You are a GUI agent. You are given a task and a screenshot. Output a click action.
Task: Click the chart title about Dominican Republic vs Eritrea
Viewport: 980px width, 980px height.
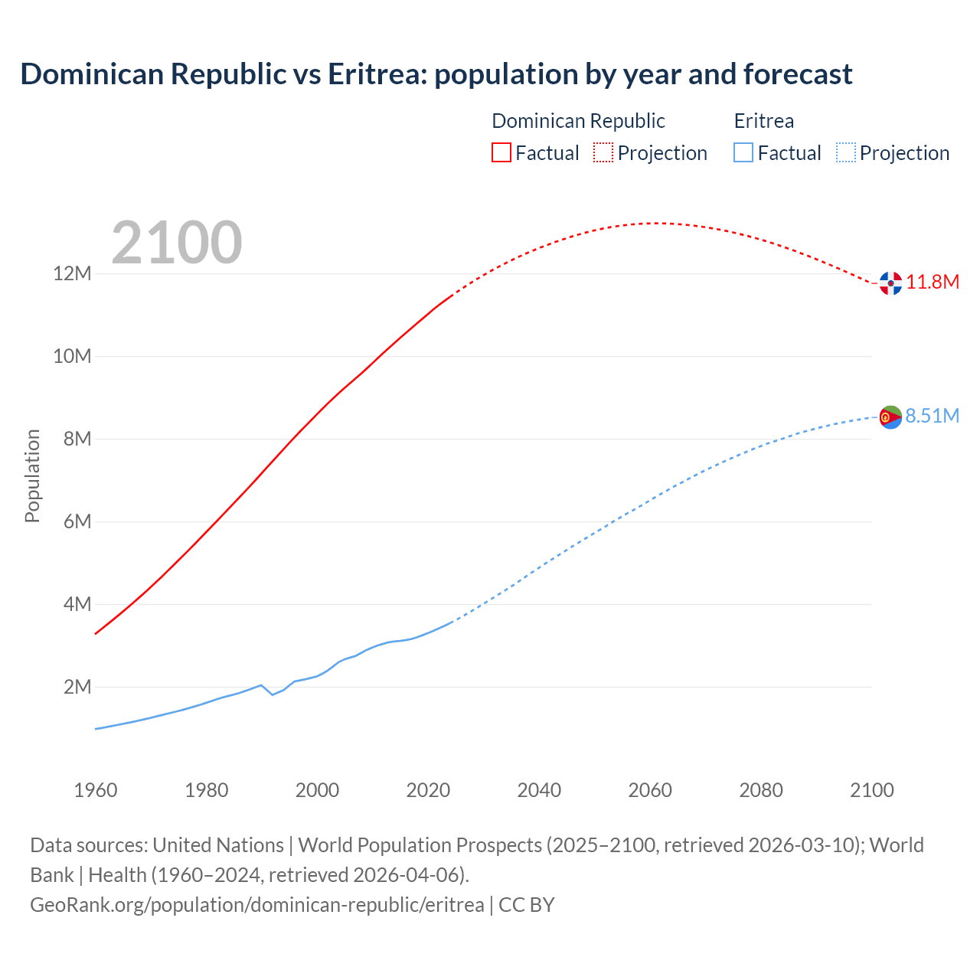pos(436,74)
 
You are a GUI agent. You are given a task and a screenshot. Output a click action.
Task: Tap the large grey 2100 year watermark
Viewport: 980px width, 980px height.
pos(177,243)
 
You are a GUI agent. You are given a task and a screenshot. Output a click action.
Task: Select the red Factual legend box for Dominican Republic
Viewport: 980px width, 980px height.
pos(501,152)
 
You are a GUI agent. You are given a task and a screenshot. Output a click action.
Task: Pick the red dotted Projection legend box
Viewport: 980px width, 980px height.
pos(603,152)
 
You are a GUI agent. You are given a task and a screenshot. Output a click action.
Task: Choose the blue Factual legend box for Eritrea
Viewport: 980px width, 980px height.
pos(743,152)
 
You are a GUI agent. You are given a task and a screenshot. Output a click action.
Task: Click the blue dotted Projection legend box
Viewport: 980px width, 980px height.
pos(845,152)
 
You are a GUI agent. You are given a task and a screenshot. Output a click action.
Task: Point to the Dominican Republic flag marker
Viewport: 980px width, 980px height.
pos(890,283)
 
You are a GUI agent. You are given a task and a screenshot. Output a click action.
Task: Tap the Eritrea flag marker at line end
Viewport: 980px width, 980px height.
pos(890,417)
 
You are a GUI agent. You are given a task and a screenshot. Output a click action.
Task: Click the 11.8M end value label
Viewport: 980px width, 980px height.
pos(933,282)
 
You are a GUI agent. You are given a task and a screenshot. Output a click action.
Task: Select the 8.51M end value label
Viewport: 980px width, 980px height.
pos(933,416)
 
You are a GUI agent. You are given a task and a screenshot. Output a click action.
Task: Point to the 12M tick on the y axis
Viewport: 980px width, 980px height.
pos(72,273)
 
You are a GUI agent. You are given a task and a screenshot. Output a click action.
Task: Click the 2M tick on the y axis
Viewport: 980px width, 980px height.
pos(77,687)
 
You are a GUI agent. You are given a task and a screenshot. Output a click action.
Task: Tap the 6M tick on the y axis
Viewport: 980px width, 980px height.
pos(77,521)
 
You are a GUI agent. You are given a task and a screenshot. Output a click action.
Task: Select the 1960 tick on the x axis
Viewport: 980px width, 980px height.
pos(96,790)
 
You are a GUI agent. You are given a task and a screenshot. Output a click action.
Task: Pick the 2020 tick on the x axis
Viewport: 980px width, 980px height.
pos(428,790)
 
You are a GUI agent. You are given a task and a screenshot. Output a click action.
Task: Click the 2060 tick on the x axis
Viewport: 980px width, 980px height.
pos(650,790)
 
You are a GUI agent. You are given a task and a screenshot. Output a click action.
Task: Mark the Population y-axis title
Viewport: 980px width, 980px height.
pos(32,475)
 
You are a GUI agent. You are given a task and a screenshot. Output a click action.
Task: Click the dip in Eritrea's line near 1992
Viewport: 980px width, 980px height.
pos(273,694)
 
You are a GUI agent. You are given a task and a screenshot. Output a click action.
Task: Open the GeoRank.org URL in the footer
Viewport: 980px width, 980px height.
pos(256,905)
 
